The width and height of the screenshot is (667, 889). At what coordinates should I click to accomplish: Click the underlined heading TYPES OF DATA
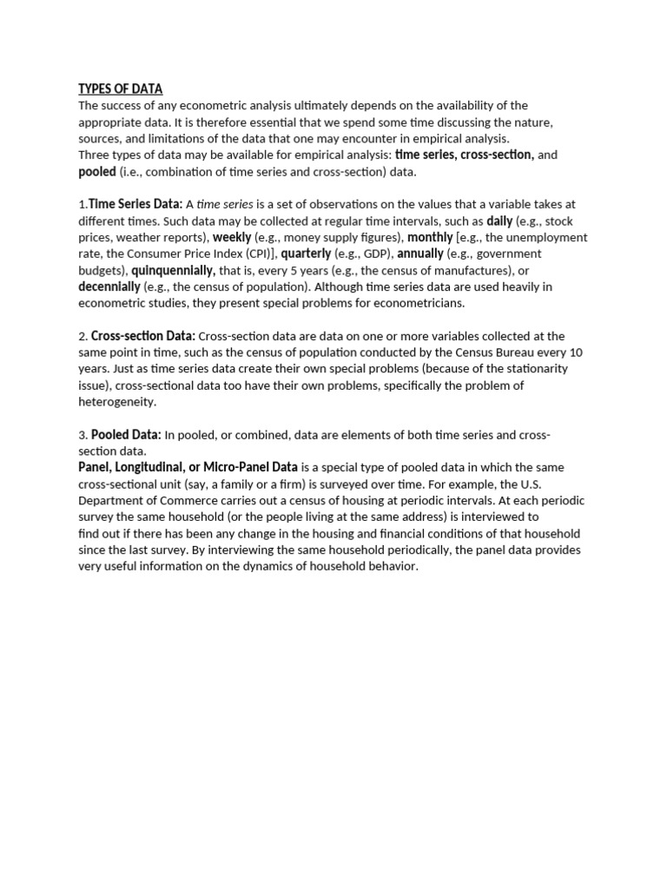[x=120, y=89]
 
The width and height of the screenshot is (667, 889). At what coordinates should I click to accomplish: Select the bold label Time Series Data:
[x=135, y=204]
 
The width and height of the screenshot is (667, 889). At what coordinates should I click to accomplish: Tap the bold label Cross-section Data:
[x=143, y=336]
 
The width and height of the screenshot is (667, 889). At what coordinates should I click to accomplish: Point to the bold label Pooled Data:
[x=126, y=435]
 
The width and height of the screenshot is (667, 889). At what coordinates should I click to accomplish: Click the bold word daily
[x=499, y=221]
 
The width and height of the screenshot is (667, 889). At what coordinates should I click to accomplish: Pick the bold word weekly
[x=232, y=237]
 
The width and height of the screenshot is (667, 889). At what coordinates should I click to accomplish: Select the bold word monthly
[x=430, y=237]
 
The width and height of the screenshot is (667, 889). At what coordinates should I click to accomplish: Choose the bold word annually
[x=420, y=254]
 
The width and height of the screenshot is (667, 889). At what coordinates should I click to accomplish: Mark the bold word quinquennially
[x=174, y=270]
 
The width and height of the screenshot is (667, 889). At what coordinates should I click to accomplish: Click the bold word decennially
[x=109, y=286]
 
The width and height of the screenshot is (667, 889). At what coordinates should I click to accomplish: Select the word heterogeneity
[x=117, y=402]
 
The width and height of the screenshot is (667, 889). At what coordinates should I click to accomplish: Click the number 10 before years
[x=576, y=352]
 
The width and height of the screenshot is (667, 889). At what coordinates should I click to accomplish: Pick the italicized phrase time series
[x=225, y=204]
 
